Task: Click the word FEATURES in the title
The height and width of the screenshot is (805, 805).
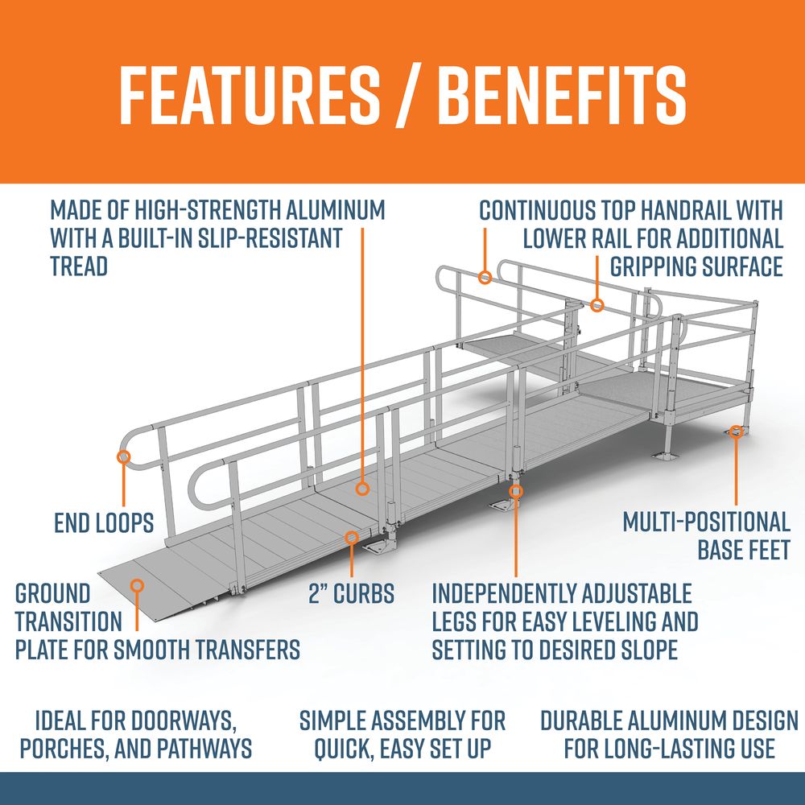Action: [250, 95]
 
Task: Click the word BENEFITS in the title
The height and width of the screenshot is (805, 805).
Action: [562, 95]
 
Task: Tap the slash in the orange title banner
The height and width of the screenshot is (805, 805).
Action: [409, 95]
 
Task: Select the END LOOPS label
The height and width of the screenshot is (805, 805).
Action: [104, 522]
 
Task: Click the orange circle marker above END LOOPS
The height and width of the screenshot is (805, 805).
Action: [124, 456]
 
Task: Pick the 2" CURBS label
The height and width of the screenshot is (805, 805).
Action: [352, 593]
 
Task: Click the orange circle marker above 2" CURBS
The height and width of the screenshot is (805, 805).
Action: [352, 537]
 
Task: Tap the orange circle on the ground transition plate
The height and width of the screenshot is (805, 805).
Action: [137, 585]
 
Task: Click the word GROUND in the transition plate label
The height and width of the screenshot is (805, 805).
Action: [53, 593]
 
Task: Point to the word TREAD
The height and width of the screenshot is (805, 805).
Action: [79, 266]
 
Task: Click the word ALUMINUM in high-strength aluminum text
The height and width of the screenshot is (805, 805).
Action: [335, 210]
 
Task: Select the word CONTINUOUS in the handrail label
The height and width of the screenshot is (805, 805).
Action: [536, 210]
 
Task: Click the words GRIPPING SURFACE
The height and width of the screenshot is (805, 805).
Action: [696, 266]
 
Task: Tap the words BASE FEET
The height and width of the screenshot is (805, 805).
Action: [743, 550]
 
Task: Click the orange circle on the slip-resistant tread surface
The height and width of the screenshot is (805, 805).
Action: [362, 489]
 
